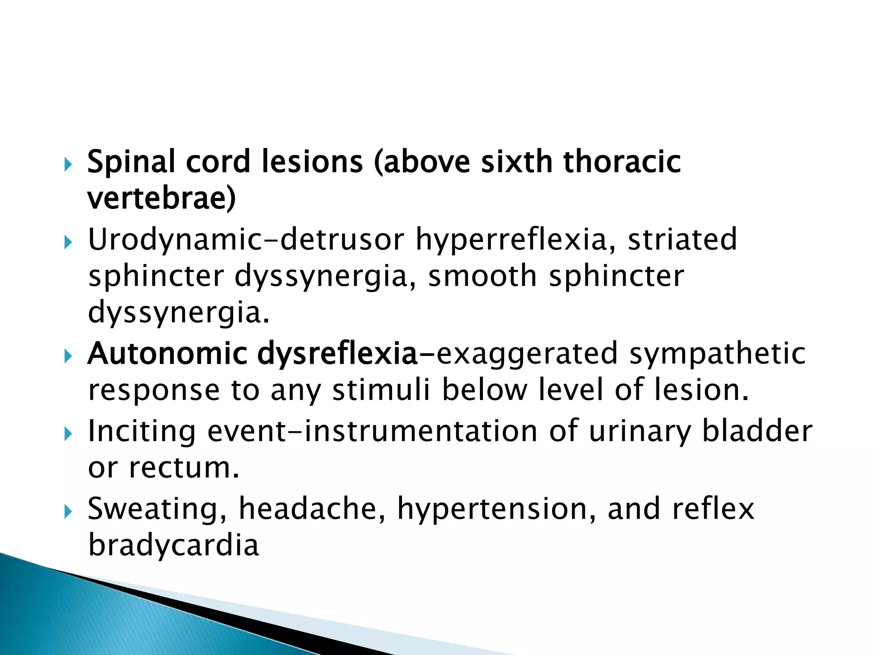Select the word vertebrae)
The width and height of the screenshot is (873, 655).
click(x=162, y=199)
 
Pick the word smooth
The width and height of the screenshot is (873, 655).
click(x=482, y=276)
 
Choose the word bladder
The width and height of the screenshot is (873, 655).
click(x=757, y=431)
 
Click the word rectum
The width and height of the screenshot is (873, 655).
click(x=184, y=468)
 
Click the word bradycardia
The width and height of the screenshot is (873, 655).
click(x=173, y=545)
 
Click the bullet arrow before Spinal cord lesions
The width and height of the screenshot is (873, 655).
click(x=68, y=165)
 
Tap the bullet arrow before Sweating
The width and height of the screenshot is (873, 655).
click(x=68, y=512)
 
